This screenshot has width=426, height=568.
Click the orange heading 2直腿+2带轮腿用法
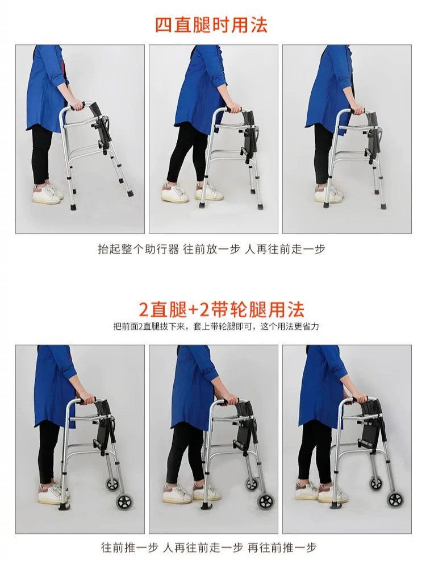(x=222, y=309)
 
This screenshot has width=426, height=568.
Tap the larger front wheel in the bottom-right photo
(x=395, y=500)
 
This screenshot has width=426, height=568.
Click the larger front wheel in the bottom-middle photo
(x=265, y=501)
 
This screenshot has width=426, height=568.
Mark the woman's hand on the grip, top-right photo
(x=358, y=110)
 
